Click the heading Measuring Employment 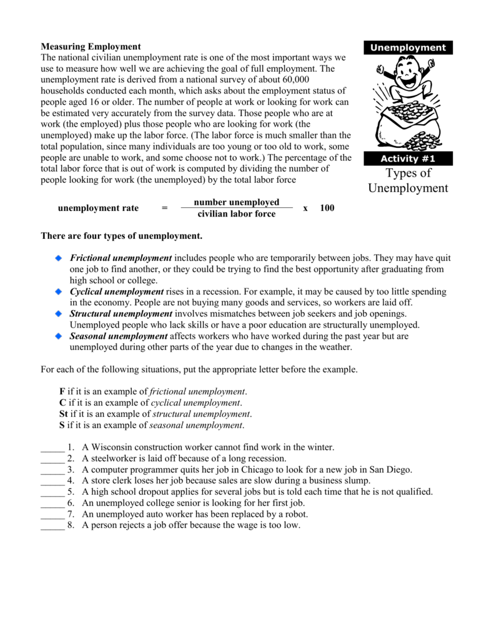pos(91,46)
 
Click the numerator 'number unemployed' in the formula pos(237,202)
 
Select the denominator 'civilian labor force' pos(237,214)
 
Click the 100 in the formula pos(327,208)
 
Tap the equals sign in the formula pos(164,208)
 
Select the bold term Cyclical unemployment pos(117,291)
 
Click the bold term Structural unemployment pos(121,313)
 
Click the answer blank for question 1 pos(52,447)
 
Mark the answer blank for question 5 pos(52,492)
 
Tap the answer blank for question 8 pos(52,525)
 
